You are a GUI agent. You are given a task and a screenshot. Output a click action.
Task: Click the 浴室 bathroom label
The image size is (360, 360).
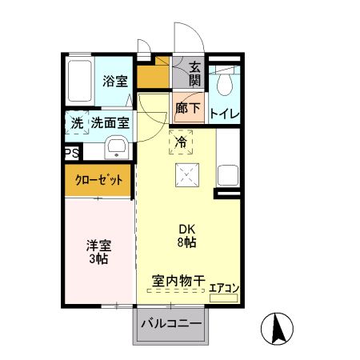point(114,80)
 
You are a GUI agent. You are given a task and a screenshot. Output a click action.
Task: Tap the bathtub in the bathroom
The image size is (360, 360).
point(80,81)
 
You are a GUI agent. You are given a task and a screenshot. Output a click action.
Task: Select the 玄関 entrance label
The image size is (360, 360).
point(194,75)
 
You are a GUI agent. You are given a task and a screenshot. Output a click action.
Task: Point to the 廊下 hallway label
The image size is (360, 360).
point(188,108)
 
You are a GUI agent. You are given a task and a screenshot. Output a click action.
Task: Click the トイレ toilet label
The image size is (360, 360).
point(224,114)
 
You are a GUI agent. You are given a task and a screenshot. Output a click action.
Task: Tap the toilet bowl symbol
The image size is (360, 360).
point(226,82)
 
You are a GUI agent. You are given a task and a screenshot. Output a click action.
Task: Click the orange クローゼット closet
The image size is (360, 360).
point(99,180)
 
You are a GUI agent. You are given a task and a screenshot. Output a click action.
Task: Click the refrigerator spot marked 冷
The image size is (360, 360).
point(181,142)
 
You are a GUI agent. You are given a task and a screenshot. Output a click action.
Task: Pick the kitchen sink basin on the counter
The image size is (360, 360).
point(226,176)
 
